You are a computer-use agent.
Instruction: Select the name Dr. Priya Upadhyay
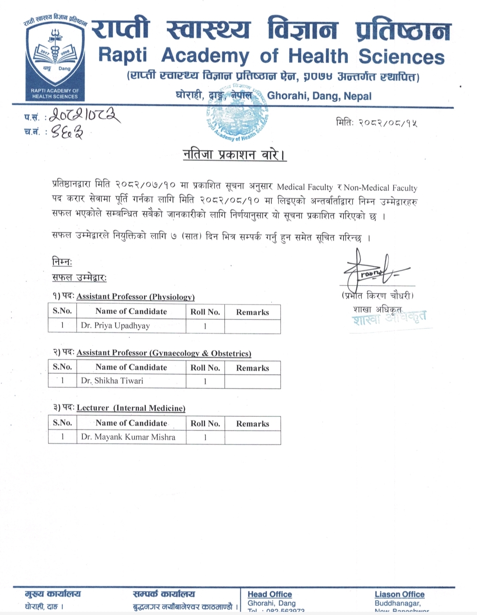click(x=115, y=326)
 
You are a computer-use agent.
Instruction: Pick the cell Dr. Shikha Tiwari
click(x=112, y=381)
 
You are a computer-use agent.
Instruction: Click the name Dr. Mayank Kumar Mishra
click(x=128, y=437)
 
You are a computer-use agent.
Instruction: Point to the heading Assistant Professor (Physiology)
click(x=135, y=296)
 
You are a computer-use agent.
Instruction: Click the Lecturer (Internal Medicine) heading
click(x=131, y=408)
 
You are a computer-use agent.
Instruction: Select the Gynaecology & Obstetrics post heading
click(x=163, y=353)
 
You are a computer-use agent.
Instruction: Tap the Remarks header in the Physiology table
click(x=252, y=312)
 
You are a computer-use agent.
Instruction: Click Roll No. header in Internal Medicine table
click(x=205, y=423)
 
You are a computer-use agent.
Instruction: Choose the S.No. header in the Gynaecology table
click(x=62, y=367)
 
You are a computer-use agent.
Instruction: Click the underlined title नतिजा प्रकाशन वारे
click(x=235, y=155)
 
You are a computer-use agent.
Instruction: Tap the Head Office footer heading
click(x=269, y=594)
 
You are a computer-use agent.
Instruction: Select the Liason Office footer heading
click(x=399, y=594)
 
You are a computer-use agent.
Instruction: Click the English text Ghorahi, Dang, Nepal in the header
click(x=319, y=96)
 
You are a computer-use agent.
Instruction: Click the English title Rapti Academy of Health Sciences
click(x=271, y=56)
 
